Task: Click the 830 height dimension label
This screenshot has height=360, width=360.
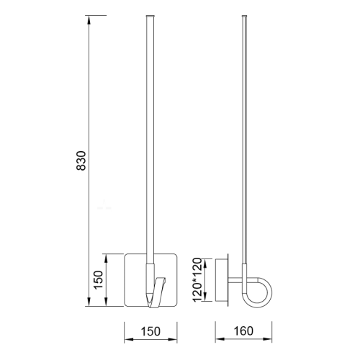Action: click(x=81, y=161)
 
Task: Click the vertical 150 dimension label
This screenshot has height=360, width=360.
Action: click(x=98, y=280)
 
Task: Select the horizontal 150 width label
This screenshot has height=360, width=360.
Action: click(x=150, y=331)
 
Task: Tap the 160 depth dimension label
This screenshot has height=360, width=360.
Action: click(x=243, y=331)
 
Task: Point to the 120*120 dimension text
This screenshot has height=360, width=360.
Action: click(x=197, y=280)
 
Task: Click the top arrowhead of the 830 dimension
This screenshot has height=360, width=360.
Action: click(x=89, y=19)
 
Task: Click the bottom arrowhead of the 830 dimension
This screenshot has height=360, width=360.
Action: click(x=89, y=302)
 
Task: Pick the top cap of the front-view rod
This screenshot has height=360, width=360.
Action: click(x=150, y=16)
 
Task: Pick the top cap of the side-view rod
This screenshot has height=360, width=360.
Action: click(x=245, y=17)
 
